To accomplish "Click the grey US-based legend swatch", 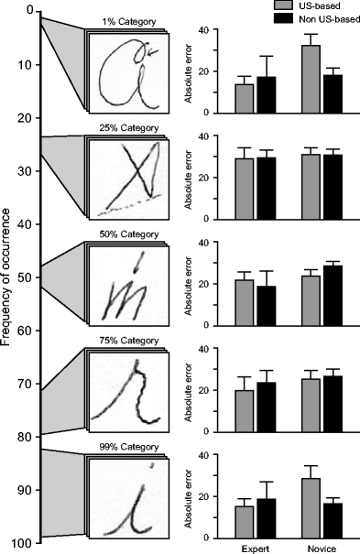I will (287, 5).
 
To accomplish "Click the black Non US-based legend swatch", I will (287, 16).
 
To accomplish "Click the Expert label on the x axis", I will (255, 547).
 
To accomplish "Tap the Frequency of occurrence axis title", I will (8, 275).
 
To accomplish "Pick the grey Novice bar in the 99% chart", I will (310, 508).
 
